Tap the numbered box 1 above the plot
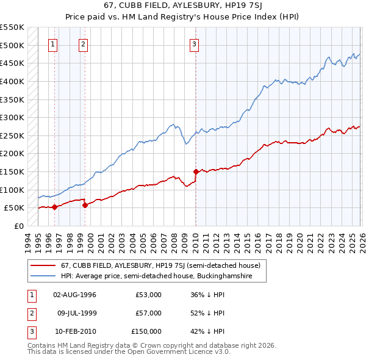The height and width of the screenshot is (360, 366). click(53, 43)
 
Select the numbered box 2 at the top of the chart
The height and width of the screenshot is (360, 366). click(83, 43)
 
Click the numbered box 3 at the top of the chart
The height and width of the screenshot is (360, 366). click(193, 43)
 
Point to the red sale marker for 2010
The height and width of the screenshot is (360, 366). click(196, 171)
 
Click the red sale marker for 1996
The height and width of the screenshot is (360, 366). click(55, 207)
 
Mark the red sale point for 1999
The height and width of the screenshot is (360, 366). click(85, 205)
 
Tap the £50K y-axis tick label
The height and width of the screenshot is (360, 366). click(13, 207)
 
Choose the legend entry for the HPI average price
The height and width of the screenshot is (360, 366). click(163, 276)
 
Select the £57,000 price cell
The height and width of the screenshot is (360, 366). click(148, 313)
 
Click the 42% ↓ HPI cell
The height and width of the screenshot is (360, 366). click(207, 331)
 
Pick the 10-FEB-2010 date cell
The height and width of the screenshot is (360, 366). click(74, 331)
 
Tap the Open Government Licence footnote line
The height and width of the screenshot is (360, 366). click(129, 352)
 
